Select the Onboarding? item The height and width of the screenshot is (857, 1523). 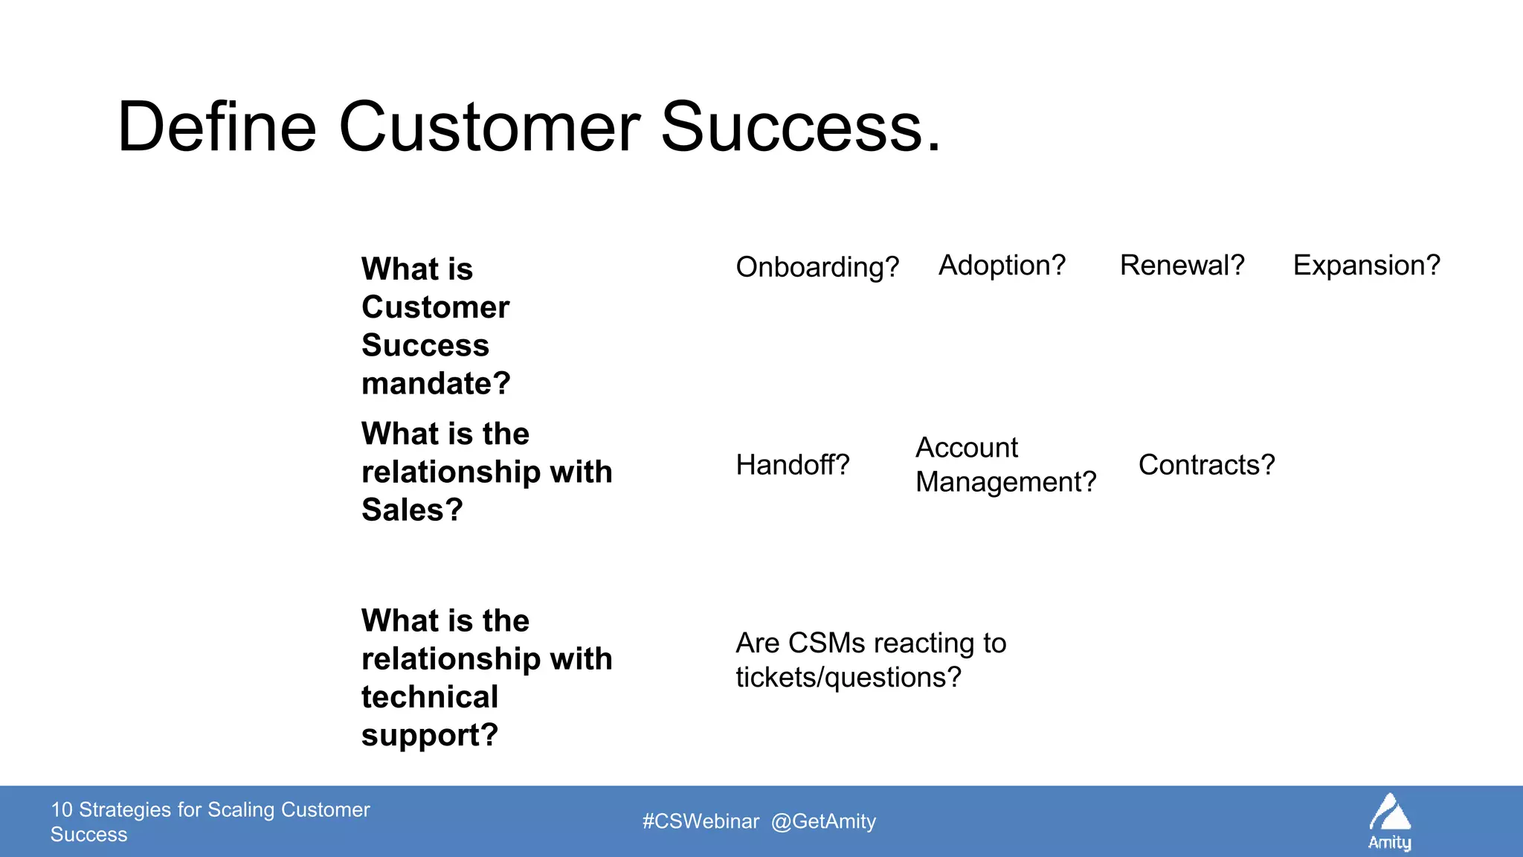click(x=817, y=267)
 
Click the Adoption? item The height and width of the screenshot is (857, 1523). click(x=1001, y=266)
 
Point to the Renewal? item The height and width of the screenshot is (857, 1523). click(x=1182, y=266)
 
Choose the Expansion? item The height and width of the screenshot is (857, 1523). click(x=1366, y=266)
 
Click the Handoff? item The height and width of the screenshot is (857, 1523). click(x=792, y=465)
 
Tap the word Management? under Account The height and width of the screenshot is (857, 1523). click(x=1005, y=483)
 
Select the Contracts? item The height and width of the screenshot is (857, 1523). click(x=1205, y=465)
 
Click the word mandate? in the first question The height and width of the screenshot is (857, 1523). click(x=436, y=384)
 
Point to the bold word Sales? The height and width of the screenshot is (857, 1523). click(x=412, y=510)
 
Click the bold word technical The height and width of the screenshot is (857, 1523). click(x=429, y=697)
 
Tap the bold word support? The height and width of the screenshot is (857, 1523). click(x=429, y=736)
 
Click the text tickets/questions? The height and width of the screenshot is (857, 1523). click(x=848, y=678)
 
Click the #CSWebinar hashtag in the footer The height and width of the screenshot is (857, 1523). click(x=701, y=821)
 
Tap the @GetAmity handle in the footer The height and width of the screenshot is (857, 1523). click(x=823, y=821)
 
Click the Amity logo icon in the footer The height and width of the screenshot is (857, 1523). click(x=1389, y=813)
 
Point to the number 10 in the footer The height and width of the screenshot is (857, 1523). click(x=61, y=809)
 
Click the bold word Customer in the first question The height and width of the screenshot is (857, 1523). click(x=435, y=307)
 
